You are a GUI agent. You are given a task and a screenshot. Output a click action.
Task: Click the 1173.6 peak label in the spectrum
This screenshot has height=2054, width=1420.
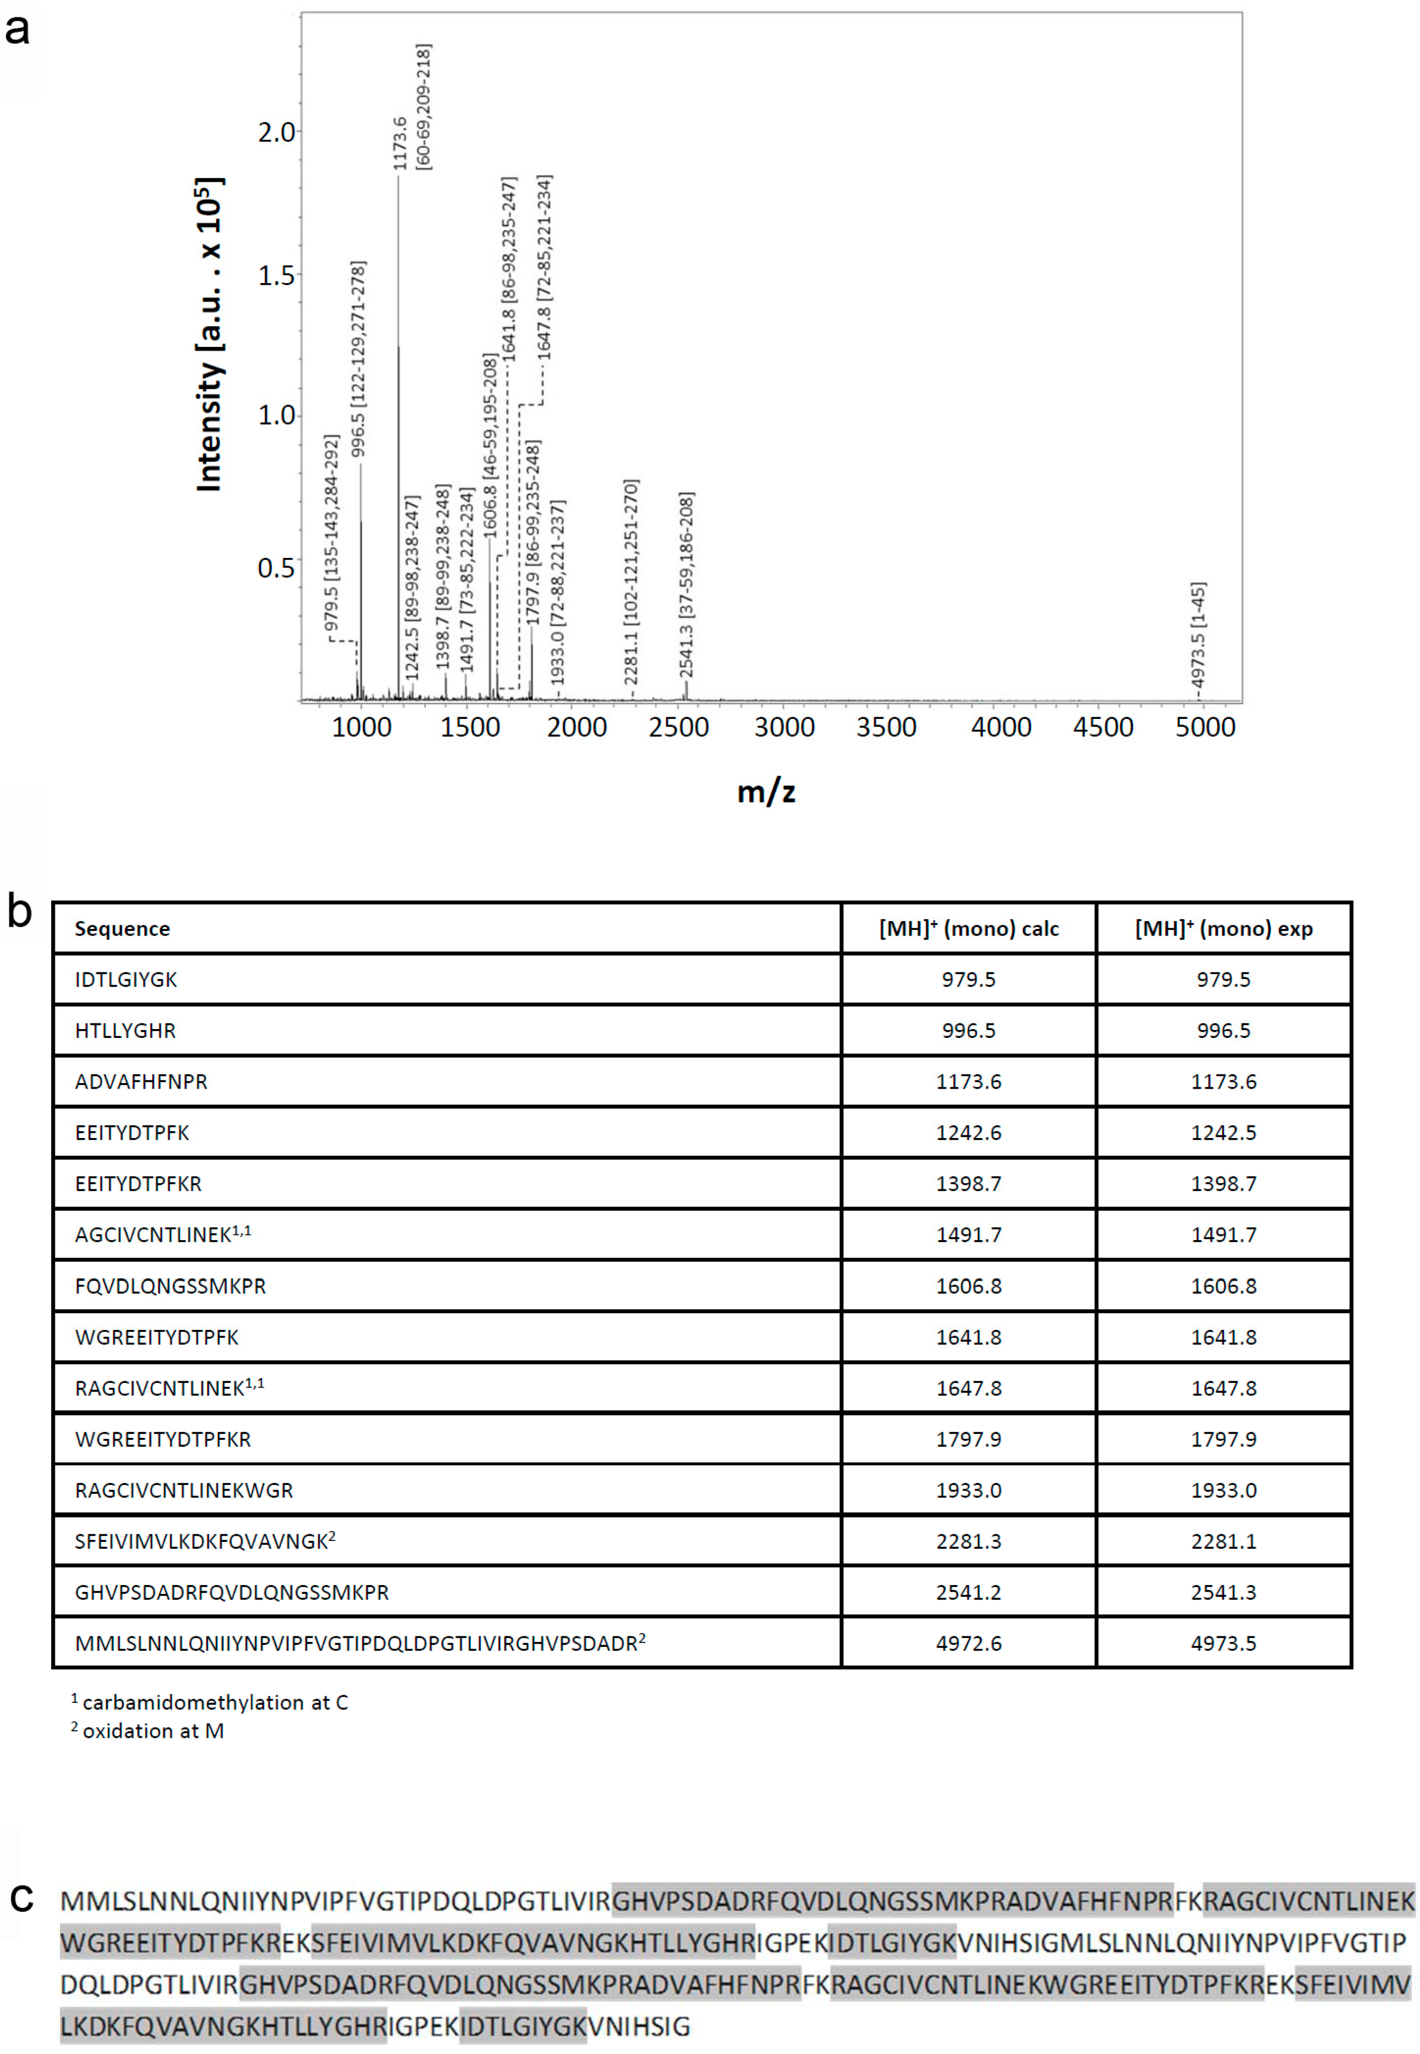coord(399,142)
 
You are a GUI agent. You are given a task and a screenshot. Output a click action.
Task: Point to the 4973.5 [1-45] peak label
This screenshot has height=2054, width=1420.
coord(1198,636)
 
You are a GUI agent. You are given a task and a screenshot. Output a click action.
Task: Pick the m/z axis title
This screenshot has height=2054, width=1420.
coord(766,791)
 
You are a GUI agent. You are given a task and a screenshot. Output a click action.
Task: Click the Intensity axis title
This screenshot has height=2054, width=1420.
coord(209,334)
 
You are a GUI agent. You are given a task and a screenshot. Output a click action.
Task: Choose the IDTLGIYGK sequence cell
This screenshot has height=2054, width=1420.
coord(126,980)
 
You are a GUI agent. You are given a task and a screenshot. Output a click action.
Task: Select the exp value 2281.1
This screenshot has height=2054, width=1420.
coord(1224,1541)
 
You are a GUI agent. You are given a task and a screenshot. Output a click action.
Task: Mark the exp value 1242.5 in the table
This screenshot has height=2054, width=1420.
coord(1224,1133)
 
